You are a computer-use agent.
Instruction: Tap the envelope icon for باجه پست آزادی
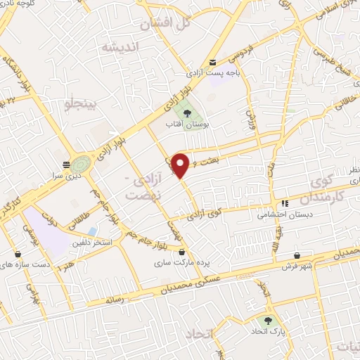tap(212, 62)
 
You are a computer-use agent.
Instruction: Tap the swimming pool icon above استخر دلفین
tap(93, 231)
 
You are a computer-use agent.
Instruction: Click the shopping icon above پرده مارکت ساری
tap(182, 252)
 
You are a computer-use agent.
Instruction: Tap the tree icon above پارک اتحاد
tap(268, 321)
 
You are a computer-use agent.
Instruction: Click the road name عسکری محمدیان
tap(214, 281)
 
